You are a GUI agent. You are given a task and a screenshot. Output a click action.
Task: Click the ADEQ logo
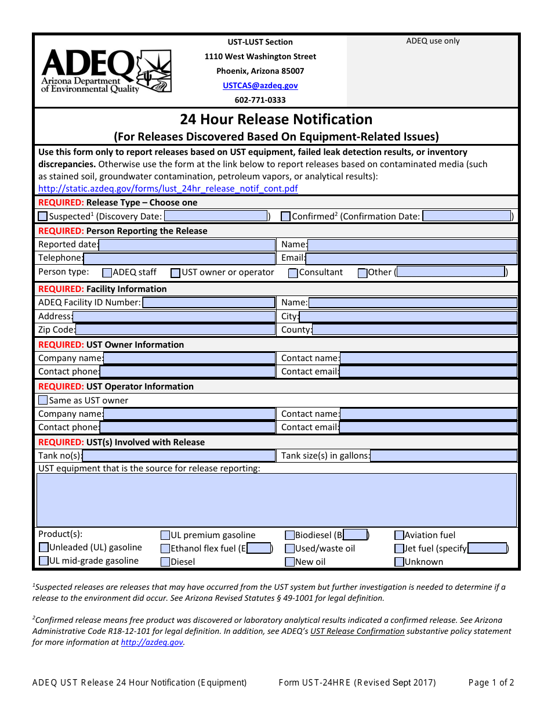(106, 71)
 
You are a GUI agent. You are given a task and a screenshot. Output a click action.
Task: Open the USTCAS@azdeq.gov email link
(260, 85)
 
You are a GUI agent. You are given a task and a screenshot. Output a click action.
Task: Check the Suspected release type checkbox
(43, 217)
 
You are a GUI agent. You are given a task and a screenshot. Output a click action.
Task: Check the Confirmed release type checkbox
(285, 217)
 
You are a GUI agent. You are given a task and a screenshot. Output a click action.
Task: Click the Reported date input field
(187, 244)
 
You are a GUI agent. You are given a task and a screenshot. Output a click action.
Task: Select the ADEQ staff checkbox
(107, 273)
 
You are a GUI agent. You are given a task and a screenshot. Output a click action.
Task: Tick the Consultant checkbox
(293, 273)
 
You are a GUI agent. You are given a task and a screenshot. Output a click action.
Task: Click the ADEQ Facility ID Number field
(208, 302)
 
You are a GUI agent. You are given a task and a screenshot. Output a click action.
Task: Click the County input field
(414, 330)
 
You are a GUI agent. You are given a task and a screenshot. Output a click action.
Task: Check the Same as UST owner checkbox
(43, 401)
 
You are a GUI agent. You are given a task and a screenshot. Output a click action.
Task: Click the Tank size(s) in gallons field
(443, 456)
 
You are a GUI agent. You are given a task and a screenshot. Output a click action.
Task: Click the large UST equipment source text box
(276, 500)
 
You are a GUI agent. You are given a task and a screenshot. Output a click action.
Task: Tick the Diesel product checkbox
(165, 562)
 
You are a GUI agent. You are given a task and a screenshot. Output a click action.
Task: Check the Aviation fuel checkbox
(399, 535)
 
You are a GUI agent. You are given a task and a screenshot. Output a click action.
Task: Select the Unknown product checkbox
(399, 562)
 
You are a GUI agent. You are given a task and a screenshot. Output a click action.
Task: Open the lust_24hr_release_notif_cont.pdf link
(168, 189)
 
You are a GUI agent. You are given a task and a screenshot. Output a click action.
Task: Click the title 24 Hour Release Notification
(276, 120)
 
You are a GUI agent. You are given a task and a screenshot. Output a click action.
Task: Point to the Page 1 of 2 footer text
(491, 683)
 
